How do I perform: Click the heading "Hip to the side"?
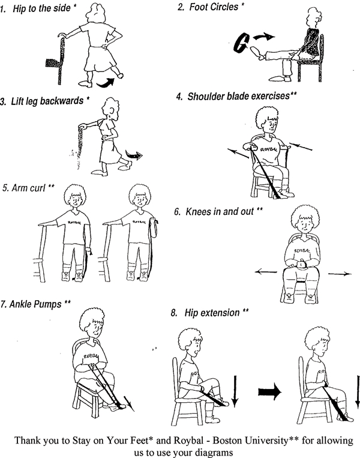41,8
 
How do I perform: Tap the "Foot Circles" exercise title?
214,7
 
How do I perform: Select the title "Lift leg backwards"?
47,101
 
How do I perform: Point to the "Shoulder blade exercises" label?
238,96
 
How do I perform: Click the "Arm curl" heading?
28,188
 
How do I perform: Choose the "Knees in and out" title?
220,211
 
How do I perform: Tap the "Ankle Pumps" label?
35,304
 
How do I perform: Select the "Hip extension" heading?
212,313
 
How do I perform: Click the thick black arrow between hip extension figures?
269,392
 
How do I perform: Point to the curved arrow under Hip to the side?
106,83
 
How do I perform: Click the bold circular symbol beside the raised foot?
241,43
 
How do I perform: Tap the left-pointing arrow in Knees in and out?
266,272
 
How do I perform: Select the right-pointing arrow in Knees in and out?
340,274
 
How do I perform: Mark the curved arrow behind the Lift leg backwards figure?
134,155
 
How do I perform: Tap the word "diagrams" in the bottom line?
212,453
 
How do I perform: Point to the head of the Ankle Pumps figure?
92,323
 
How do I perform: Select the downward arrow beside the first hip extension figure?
235,391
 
